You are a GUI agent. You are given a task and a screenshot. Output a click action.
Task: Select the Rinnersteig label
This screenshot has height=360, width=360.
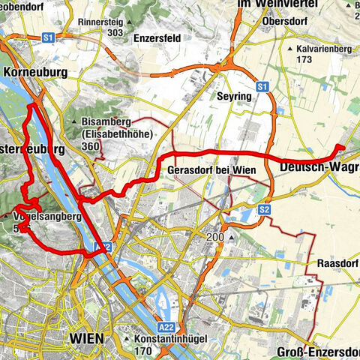pyautogui.click(x=115, y=22)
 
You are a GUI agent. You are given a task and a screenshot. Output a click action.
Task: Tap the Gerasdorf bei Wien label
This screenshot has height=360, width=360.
pyautogui.click(x=211, y=170)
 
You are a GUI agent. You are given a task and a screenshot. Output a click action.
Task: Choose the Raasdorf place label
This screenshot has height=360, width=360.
pyautogui.click(x=334, y=265)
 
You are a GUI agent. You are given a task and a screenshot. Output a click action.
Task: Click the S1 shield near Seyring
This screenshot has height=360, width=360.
pyautogui.click(x=262, y=88)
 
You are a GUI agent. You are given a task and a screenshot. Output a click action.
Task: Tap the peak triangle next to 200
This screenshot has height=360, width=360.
pyautogui.click(x=232, y=238)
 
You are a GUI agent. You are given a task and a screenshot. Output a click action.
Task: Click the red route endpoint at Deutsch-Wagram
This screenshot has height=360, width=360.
pyautogui.click(x=340, y=148)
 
